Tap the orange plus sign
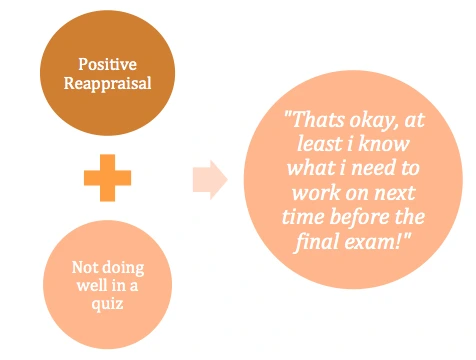(x=106, y=181)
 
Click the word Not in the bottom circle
(x=85, y=268)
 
